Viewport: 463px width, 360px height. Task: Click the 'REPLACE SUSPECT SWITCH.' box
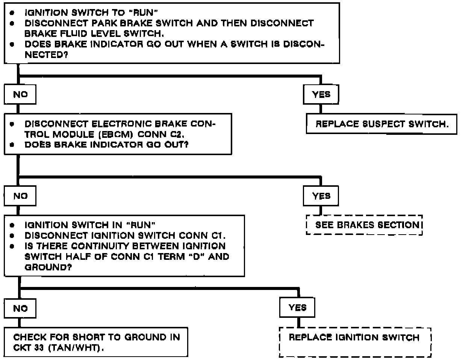(381, 124)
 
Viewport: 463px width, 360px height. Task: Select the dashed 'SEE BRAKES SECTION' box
(365, 225)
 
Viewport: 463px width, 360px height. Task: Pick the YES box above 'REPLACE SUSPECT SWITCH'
(321, 95)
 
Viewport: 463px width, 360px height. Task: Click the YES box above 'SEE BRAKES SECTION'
(321, 196)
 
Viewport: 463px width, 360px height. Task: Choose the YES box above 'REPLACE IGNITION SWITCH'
(297, 308)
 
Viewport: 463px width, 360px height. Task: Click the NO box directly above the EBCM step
(20, 95)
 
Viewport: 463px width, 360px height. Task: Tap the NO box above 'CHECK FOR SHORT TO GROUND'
(20, 308)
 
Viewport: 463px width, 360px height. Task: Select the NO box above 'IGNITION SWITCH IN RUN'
(20, 196)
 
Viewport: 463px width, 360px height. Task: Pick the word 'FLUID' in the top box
(81, 33)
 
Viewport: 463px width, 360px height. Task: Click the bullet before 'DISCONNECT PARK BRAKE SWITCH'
(12, 23)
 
